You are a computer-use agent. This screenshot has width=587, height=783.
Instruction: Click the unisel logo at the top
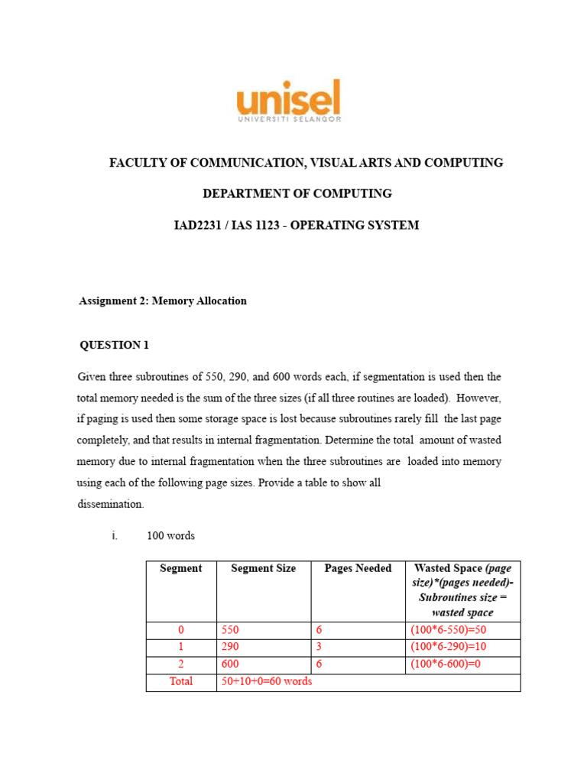[289, 101]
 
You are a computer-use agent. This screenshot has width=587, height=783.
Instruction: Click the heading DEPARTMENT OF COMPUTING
[297, 193]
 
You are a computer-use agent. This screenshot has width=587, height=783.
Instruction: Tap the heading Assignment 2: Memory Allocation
[163, 301]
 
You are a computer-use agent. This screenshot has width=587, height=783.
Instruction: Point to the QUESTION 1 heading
[115, 345]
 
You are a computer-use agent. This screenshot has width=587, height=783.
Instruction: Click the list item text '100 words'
[170, 535]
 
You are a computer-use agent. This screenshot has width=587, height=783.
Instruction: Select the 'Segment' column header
[181, 568]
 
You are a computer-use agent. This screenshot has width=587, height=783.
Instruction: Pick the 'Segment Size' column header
[263, 568]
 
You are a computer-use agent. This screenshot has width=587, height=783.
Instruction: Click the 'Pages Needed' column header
[358, 568]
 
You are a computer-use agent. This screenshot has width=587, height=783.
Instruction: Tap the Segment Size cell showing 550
[229, 631]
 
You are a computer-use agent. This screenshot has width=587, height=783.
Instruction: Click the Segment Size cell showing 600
[229, 664]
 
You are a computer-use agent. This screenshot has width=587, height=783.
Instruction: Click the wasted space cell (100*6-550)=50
[448, 631]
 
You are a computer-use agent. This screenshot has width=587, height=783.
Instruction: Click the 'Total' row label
[181, 681]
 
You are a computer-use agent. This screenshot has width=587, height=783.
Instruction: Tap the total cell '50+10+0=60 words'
[265, 681]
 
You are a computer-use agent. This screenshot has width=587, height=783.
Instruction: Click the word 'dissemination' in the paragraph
[110, 505]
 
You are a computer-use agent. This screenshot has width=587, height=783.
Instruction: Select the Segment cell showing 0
[181, 631]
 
